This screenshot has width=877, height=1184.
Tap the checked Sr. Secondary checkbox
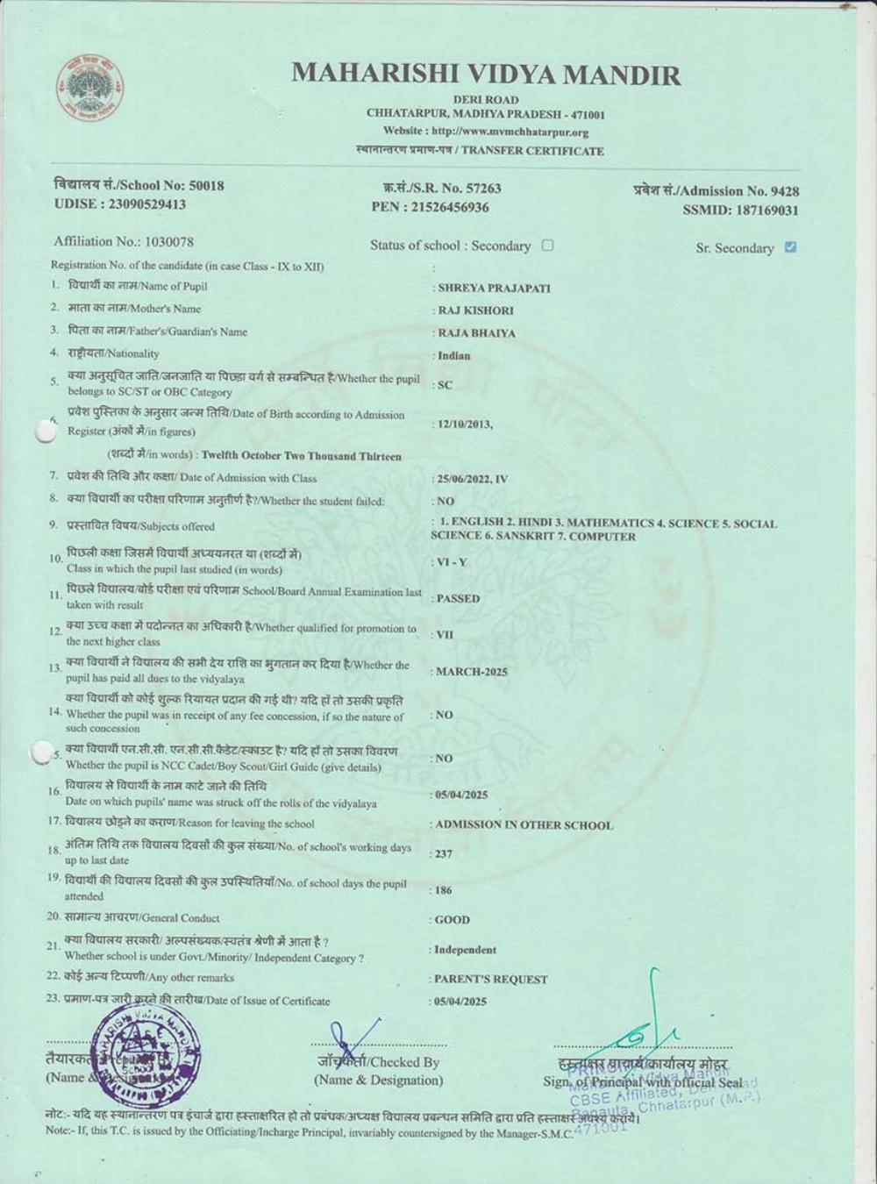coord(790,247)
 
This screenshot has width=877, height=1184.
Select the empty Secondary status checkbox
coord(547,246)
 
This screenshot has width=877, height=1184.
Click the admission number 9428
coord(784,191)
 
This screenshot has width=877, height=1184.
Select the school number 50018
coord(206,186)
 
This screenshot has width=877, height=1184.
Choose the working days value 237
coord(444,854)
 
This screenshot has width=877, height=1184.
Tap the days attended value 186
coord(444,891)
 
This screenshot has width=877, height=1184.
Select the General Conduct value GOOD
coord(453,920)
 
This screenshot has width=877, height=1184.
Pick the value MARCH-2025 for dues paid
coord(472,672)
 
